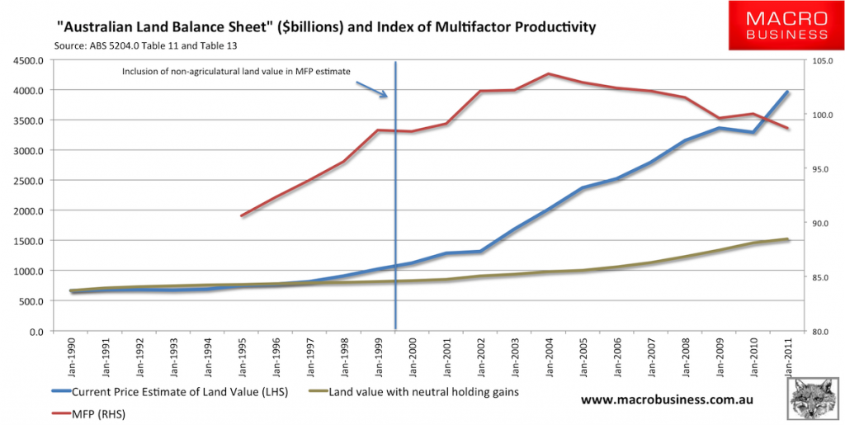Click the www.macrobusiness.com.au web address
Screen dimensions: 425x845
[669, 399]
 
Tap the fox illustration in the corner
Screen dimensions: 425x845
[813, 399]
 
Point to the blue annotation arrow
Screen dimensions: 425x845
[375, 89]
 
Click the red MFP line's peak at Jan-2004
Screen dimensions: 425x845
[547, 73]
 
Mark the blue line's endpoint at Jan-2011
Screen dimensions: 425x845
[788, 92]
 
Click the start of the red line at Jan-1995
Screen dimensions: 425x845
[242, 216]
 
